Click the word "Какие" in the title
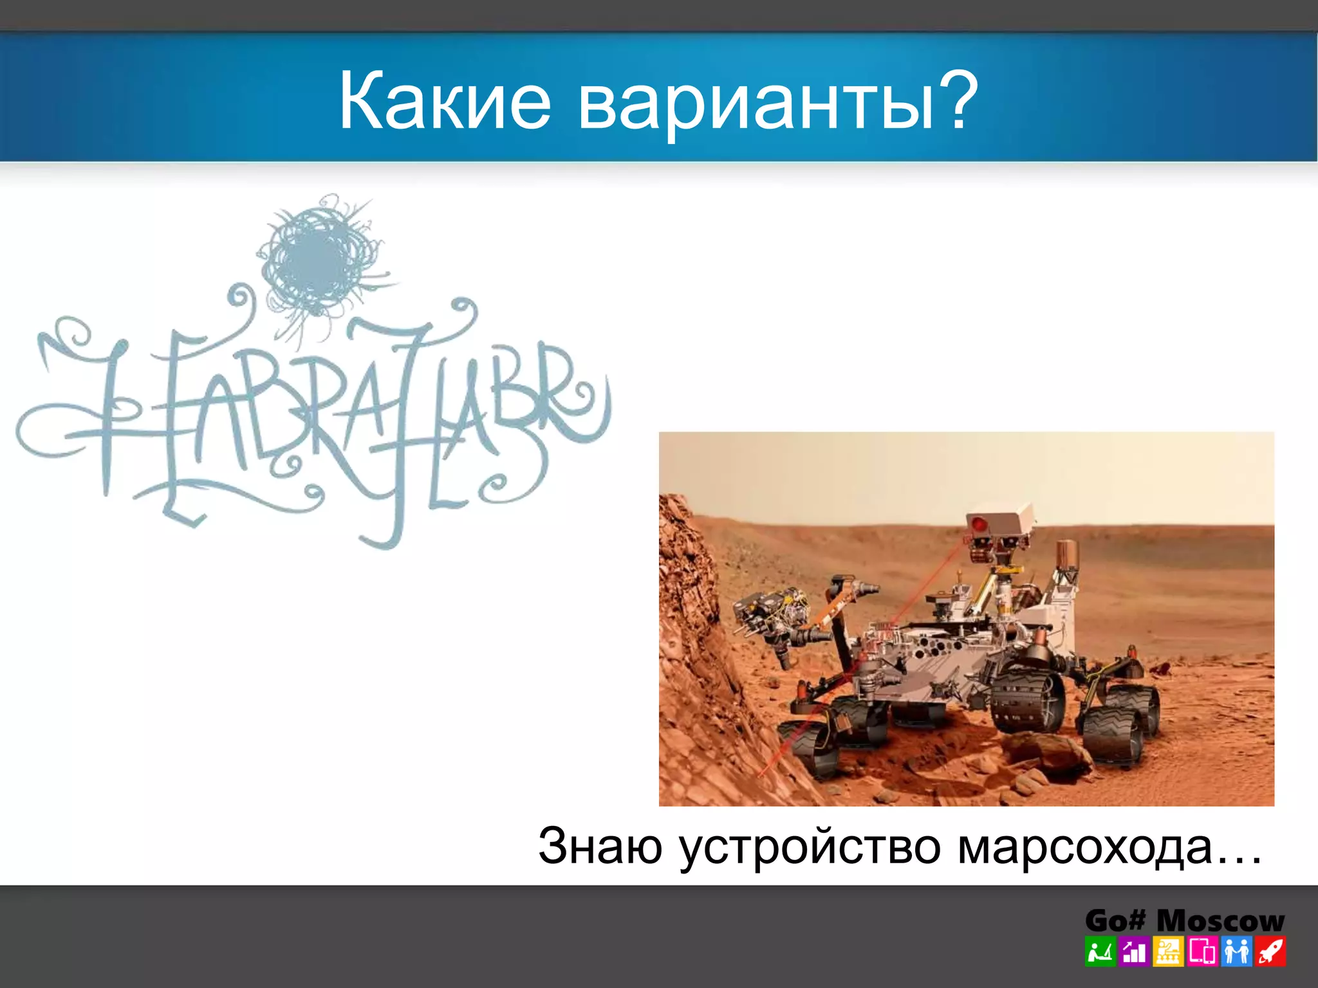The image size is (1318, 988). (445, 102)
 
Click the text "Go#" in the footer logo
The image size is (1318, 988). (1115, 920)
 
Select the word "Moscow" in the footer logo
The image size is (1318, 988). (1220, 920)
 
